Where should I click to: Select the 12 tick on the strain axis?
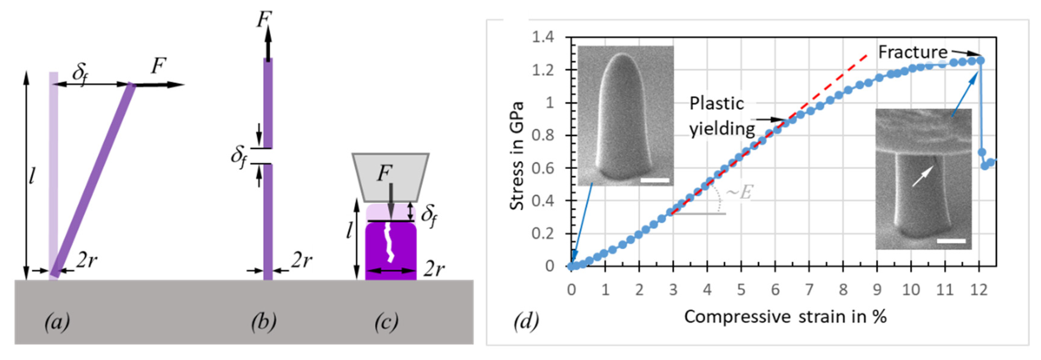click(x=978, y=289)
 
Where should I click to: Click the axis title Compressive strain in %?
click(x=785, y=316)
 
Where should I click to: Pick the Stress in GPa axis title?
click(x=516, y=155)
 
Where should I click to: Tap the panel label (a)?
click(x=57, y=322)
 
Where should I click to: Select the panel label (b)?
click(x=264, y=322)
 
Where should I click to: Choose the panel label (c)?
click(x=386, y=322)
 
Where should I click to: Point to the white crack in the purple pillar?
click(x=388, y=242)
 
